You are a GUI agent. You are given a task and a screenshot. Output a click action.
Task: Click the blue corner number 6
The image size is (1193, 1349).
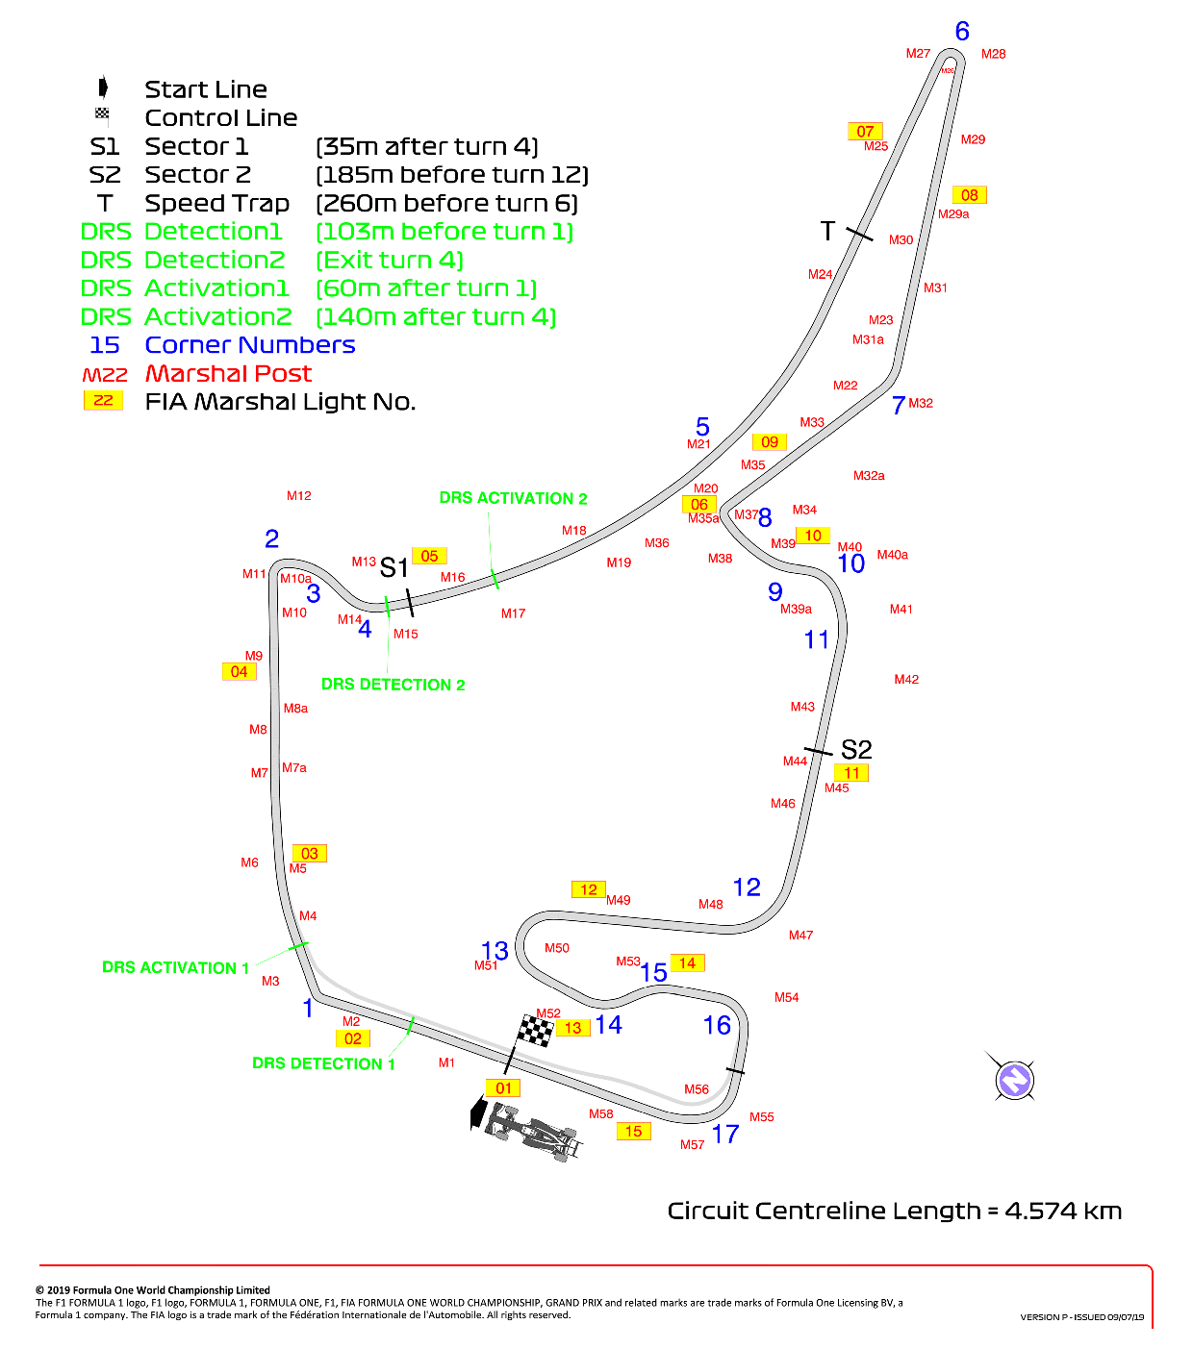(x=962, y=32)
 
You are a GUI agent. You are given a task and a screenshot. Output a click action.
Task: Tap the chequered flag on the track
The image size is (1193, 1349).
(x=535, y=1031)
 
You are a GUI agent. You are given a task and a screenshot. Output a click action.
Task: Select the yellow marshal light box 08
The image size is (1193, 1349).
(x=969, y=195)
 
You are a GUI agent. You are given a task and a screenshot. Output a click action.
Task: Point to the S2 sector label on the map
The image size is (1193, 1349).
(x=855, y=750)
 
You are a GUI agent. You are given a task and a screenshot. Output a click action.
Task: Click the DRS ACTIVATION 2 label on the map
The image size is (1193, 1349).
(x=513, y=498)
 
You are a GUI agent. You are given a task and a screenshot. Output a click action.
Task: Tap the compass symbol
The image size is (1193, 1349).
(x=1014, y=1080)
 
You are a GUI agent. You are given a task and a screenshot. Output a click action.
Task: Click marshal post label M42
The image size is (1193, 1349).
(x=905, y=679)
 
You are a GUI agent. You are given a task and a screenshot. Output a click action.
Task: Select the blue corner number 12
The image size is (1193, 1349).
(x=747, y=887)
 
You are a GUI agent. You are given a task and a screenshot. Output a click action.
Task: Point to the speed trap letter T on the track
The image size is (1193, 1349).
(x=827, y=231)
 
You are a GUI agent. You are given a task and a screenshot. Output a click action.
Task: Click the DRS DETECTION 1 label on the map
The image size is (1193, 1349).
(x=323, y=1063)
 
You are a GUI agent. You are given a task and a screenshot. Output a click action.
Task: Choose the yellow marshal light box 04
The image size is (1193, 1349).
(x=240, y=672)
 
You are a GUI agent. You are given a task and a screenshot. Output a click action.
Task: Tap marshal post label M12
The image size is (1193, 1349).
(x=298, y=495)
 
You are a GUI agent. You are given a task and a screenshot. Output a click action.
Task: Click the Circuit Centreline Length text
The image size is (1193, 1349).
(x=895, y=1211)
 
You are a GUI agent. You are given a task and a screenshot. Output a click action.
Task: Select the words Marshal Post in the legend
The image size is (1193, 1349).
(x=228, y=373)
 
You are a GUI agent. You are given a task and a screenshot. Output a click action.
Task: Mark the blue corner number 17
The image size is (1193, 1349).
(x=725, y=1134)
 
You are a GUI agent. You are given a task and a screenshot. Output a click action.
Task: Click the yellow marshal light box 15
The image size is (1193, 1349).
(x=633, y=1132)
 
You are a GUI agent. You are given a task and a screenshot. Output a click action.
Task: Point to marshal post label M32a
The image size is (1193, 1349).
(x=869, y=475)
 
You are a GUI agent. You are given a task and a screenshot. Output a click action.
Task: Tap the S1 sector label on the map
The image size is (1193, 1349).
(x=393, y=568)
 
